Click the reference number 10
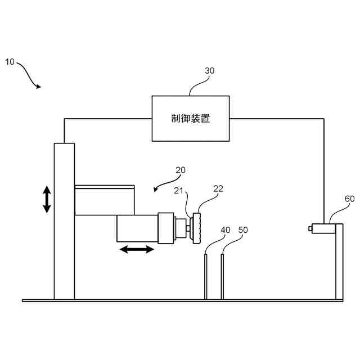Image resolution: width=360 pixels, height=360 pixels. (x=10, y=61)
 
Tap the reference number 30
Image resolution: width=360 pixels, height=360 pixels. (x=209, y=71)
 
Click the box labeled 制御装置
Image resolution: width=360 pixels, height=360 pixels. (x=191, y=118)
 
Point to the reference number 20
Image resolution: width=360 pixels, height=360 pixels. (x=180, y=169)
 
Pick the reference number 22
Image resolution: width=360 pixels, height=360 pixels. (x=218, y=188)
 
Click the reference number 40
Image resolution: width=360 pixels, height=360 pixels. (x=225, y=230)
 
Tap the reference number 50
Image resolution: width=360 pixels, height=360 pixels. (x=243, y=230)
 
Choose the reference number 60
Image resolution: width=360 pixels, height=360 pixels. (x=349, y=199)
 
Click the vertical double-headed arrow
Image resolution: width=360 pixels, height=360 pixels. (x=47, y=200)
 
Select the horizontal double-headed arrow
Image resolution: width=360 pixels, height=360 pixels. (x=137, y=249)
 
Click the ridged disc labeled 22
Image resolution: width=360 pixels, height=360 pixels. (x=197, y=228)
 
